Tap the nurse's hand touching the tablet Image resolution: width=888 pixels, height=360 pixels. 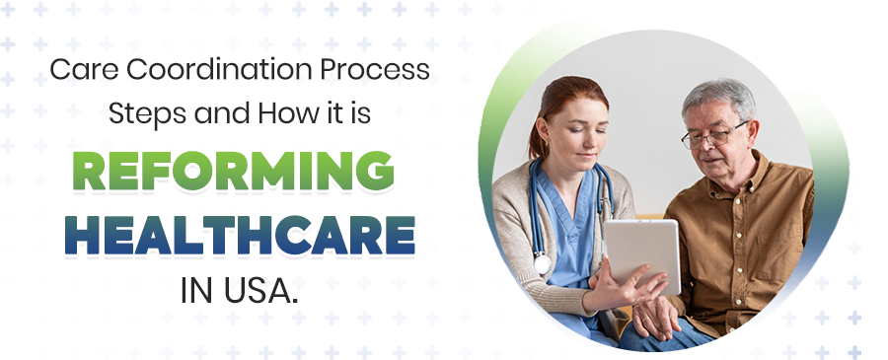[x=618, y=290]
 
